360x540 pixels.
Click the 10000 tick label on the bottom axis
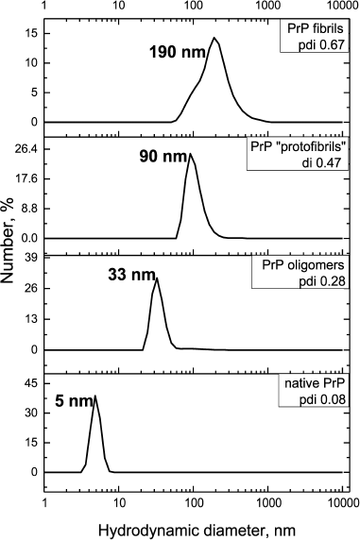[340, 501]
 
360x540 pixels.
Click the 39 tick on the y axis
[30, 258]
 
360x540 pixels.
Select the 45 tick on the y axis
[30, 383]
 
